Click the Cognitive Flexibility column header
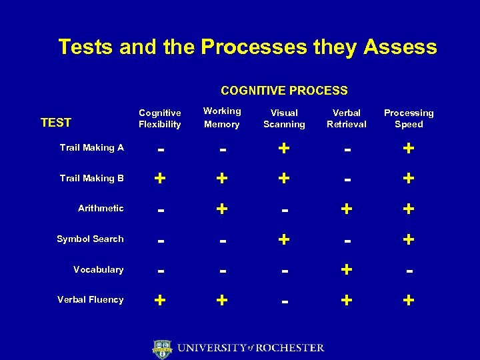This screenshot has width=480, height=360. point(159,119)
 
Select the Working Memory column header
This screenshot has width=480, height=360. point(221,117)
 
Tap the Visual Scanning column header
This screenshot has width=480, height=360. point(284,119)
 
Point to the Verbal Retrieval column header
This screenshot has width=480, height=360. point(346,119)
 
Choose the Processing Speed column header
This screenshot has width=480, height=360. point(408,119)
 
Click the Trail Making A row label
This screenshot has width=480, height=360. point(91,147)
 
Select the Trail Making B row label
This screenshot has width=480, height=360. point(91,178)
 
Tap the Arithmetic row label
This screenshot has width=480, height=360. point(101,208)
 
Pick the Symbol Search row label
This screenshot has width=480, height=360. point(90,239)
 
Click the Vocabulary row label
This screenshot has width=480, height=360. point(98,269)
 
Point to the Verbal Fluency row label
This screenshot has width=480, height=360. point(90,299)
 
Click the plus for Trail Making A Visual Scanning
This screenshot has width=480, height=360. point(284,148)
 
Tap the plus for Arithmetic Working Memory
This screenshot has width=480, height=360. point(221,209)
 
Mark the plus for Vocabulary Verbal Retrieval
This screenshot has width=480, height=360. point(346,269)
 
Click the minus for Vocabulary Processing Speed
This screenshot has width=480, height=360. point(408,271)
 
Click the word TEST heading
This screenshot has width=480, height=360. point(56,122)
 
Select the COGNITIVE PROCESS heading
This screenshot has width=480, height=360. point(284,90)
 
